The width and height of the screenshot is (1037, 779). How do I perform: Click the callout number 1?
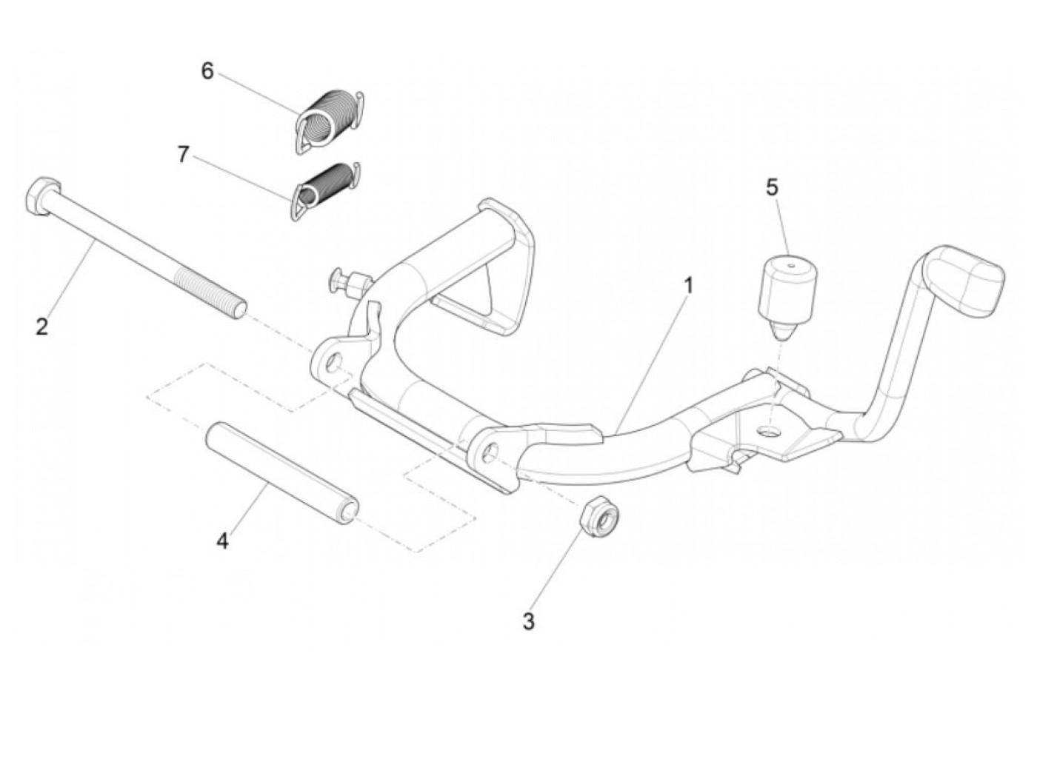688,285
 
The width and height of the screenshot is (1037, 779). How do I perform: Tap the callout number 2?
42,326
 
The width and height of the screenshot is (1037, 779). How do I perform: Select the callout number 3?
528,621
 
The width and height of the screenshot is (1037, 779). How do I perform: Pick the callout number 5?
773,188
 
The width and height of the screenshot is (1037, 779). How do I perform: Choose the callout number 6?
207,71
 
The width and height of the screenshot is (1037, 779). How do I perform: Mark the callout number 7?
184,155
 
